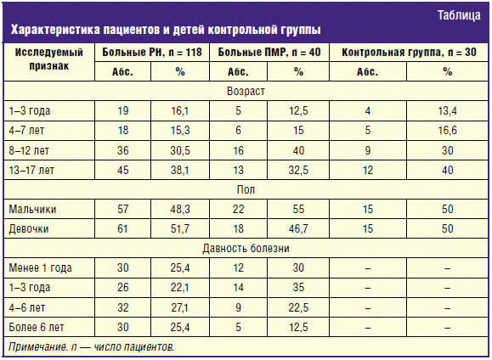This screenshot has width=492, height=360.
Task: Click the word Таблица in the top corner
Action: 459,15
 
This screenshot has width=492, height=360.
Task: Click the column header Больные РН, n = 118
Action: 152,52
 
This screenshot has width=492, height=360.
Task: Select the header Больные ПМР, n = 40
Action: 269,52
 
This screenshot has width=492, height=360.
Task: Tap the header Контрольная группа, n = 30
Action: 409,52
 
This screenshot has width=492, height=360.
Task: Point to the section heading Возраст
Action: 246,91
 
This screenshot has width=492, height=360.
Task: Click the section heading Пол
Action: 246,189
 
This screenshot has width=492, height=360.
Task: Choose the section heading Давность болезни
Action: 246,249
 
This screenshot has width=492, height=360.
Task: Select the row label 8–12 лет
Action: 29,150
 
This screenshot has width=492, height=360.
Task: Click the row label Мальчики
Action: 32,209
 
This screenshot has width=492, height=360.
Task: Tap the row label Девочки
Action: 29,228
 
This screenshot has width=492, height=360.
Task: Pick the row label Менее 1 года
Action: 40,267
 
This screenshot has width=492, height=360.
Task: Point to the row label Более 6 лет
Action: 36,327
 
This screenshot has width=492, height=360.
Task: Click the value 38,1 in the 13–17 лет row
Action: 180,171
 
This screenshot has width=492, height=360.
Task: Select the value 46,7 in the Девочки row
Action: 298,229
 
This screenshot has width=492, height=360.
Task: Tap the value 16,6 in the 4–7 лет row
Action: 447,131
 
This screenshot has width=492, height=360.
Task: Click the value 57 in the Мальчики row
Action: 122,209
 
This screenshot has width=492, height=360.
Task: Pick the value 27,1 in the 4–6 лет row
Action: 180,307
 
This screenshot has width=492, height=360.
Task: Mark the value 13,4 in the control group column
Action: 447,110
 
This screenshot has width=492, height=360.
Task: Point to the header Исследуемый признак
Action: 49,59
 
